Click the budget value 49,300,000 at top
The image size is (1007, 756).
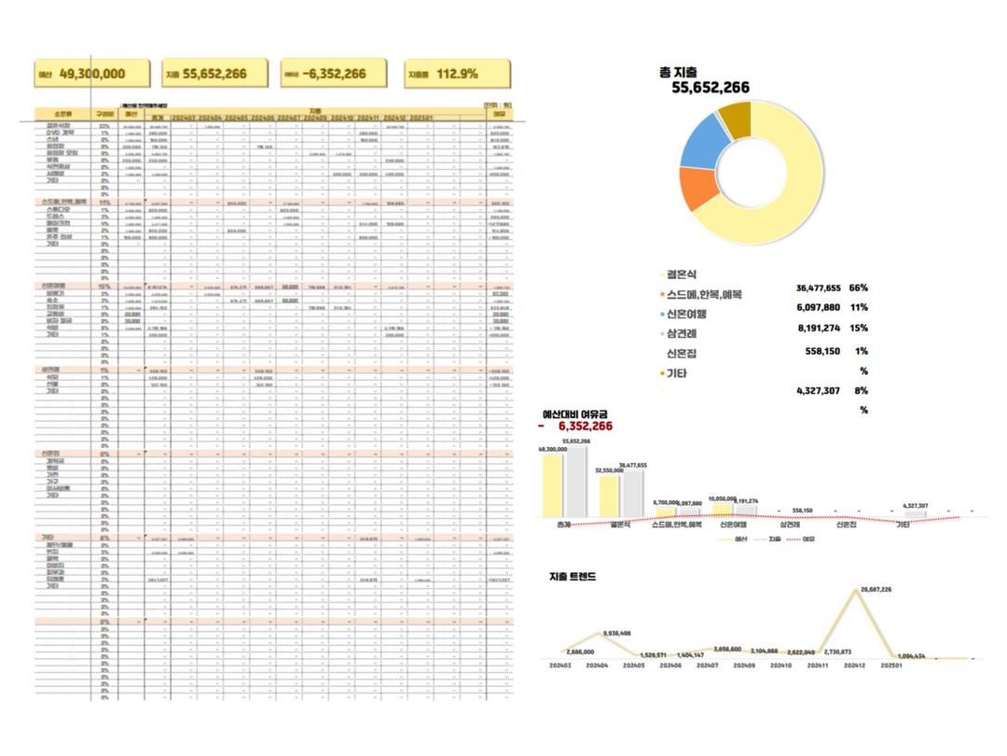91,74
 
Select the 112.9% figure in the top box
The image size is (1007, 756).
456,74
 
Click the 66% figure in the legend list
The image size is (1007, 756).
858,288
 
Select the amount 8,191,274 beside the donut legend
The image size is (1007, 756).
815,329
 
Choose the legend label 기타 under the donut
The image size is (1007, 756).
679,372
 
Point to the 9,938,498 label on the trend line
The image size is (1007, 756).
616,634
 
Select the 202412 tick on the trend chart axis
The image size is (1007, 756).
855,665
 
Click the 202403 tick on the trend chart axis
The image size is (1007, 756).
560,665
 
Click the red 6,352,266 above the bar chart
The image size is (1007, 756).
585,426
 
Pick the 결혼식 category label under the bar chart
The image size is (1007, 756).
619,525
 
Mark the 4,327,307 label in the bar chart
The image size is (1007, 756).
916,505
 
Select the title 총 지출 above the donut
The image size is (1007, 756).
678,72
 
